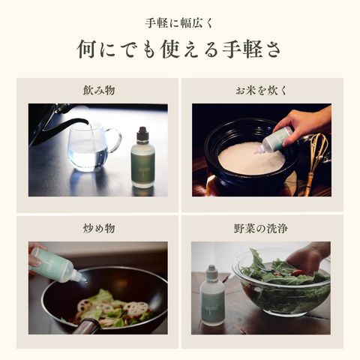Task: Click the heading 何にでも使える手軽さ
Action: pyautogui.click(x=179, y=50)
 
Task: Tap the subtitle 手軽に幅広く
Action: pyautogui.click(x=179, y=23)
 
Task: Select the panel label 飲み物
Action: pyautogui.click(x=99, y=90)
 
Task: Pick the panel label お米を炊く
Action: pyautogui.click(x=262, y=90)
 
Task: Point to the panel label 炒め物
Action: pyautogui.click(x=99, y=228)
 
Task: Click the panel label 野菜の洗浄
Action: pyautogui.click(x=261, y=228)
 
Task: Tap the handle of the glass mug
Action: pyautogui.click(x=115, y=140)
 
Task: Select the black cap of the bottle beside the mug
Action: pyautogui.click(x=142, y=133)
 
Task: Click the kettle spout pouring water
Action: pyautogui.click(x=75, y=122)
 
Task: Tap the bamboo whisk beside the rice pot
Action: pyautogui.click(x=316, y=160)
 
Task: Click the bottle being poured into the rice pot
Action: pyautogui.click(x=274, y=140)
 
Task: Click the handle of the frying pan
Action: pyautogui.click(x=86, y=326)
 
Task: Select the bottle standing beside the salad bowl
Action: pyautogui.click(x=212, y=295)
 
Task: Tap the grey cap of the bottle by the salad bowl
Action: pyautogui.click(x=212, y=269)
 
